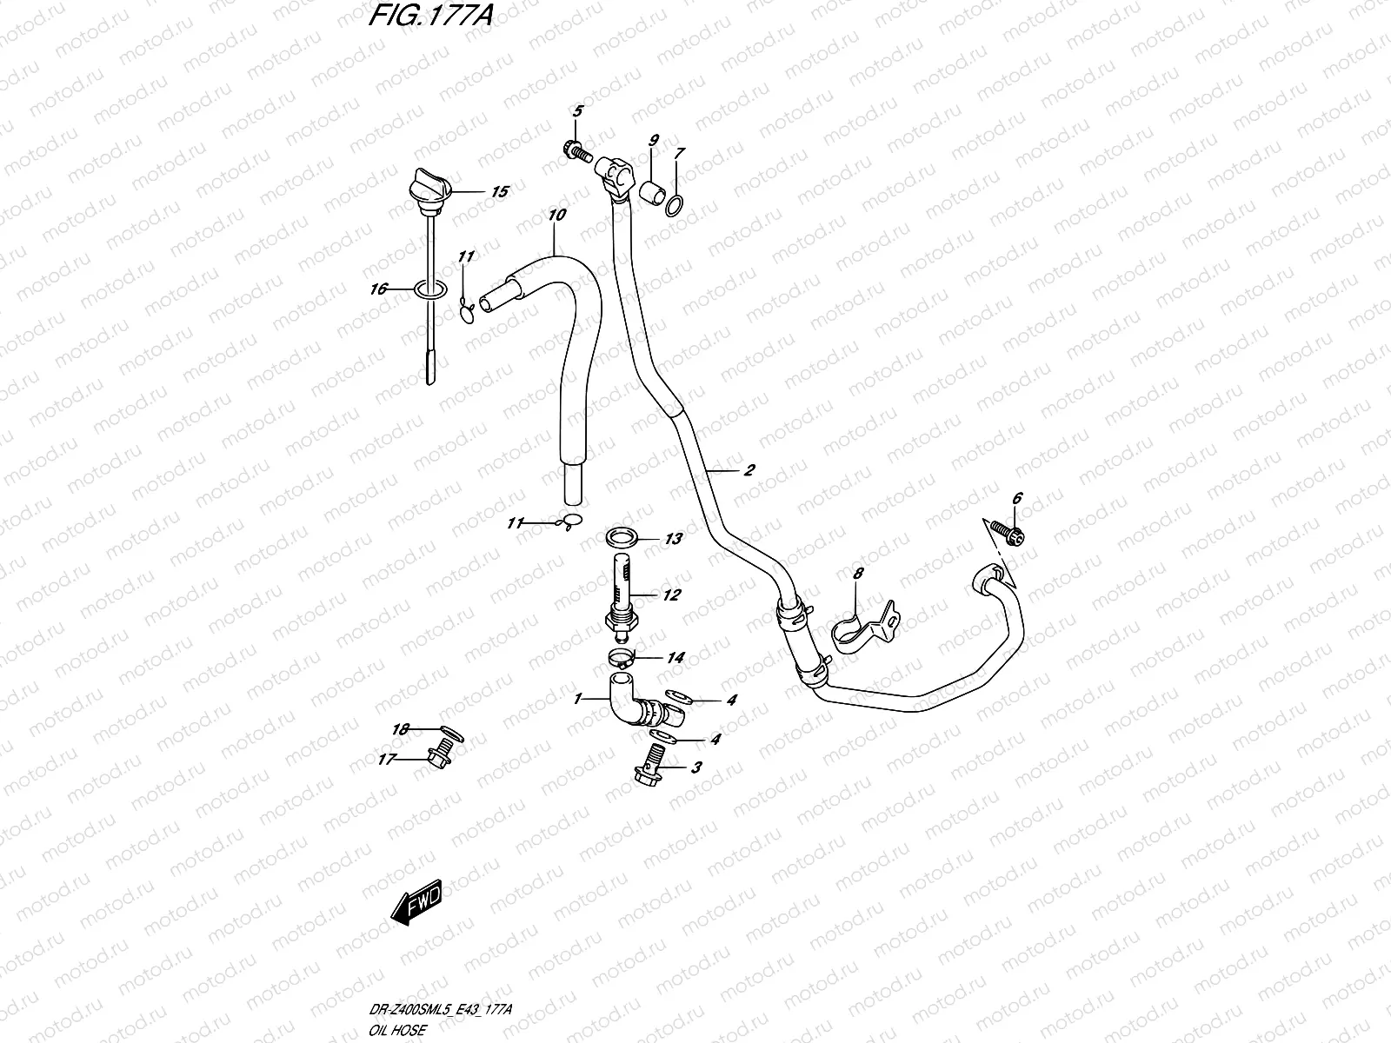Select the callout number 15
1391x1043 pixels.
tap(499, 192)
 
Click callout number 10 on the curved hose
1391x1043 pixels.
tap(557, 214)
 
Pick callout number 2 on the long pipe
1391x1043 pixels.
tap(749, 470)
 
